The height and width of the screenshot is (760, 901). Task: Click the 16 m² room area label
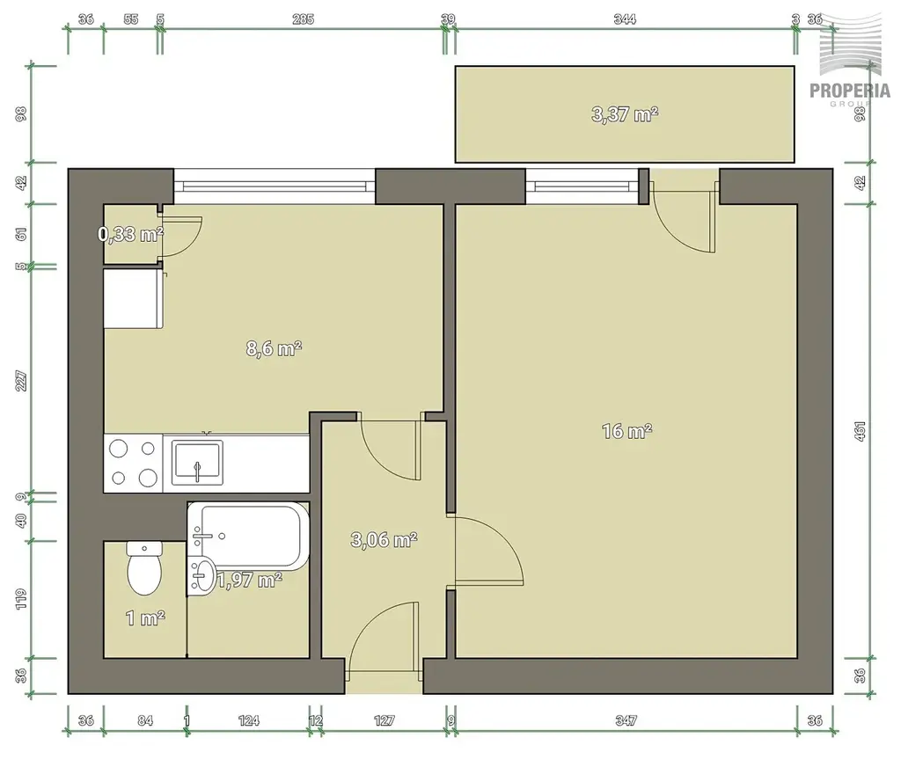[x=626, y=430]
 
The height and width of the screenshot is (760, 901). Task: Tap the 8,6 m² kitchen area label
[x=275, y=348]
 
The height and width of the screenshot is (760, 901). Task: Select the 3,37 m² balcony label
[x=625, y=114]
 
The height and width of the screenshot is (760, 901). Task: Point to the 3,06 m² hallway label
[x=384, y=539]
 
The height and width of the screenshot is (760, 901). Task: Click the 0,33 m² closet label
[x=131, y=234]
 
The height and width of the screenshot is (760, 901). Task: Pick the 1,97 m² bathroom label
[x=249, y=580]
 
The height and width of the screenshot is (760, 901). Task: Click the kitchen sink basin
[x=197, y=463]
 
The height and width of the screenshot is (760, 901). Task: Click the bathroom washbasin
[x=202, y=575]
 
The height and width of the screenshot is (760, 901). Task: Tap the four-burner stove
[x=134, y=463]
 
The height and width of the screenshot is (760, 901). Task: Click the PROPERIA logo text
[x=850, y=91]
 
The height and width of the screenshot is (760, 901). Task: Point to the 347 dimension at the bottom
[x=626, y=720]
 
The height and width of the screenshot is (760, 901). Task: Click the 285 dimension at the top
[x=303, y=19]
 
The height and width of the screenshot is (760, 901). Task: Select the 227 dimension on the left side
[x=21, y=381]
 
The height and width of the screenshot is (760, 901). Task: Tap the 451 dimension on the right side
[x=860, y=431]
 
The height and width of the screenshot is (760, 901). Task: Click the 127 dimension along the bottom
[x=384, y=720]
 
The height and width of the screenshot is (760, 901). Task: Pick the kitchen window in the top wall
[x=275, y=186]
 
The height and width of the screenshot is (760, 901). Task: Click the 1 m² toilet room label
[x=145, y=618]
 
